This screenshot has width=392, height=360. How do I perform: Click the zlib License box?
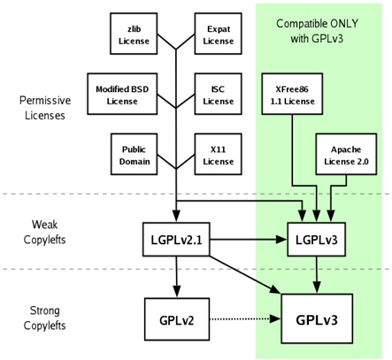(x=134, y=34)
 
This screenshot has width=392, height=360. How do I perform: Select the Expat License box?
(x=218, y=34)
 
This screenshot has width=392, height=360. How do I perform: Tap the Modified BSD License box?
(x=122, y=94)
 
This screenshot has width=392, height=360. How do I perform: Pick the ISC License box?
(x=218, y=94)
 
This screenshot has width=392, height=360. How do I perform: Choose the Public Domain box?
(x=134, y=154)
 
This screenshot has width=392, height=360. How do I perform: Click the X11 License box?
(x=218, y=154)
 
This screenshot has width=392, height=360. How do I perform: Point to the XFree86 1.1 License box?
(x=292, y=94)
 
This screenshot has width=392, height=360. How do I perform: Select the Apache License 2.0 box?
(x=346, y=154)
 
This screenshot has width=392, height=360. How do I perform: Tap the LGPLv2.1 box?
(x=176, y=240)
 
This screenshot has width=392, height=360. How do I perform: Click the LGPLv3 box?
(x=317, y=240)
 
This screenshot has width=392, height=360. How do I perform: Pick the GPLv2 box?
(x=177, y=319)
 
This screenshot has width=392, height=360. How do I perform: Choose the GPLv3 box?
(x=317, y=318)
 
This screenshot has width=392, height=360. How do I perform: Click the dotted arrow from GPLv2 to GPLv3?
(x=245, y=318)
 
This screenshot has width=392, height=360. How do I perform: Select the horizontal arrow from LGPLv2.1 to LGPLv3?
(x=249, y=240)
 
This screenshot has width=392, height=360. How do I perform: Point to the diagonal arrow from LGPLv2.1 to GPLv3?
(x=245, y=275)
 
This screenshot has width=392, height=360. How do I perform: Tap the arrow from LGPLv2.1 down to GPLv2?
(x=176, y=277)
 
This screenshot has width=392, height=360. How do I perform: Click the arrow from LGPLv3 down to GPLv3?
(x=317, y=275)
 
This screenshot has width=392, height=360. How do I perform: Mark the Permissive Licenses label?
(x=45, y=108)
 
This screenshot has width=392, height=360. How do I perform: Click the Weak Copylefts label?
(x=45, y=232)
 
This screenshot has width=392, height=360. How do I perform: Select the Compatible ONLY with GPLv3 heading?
(x=317, y=31)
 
